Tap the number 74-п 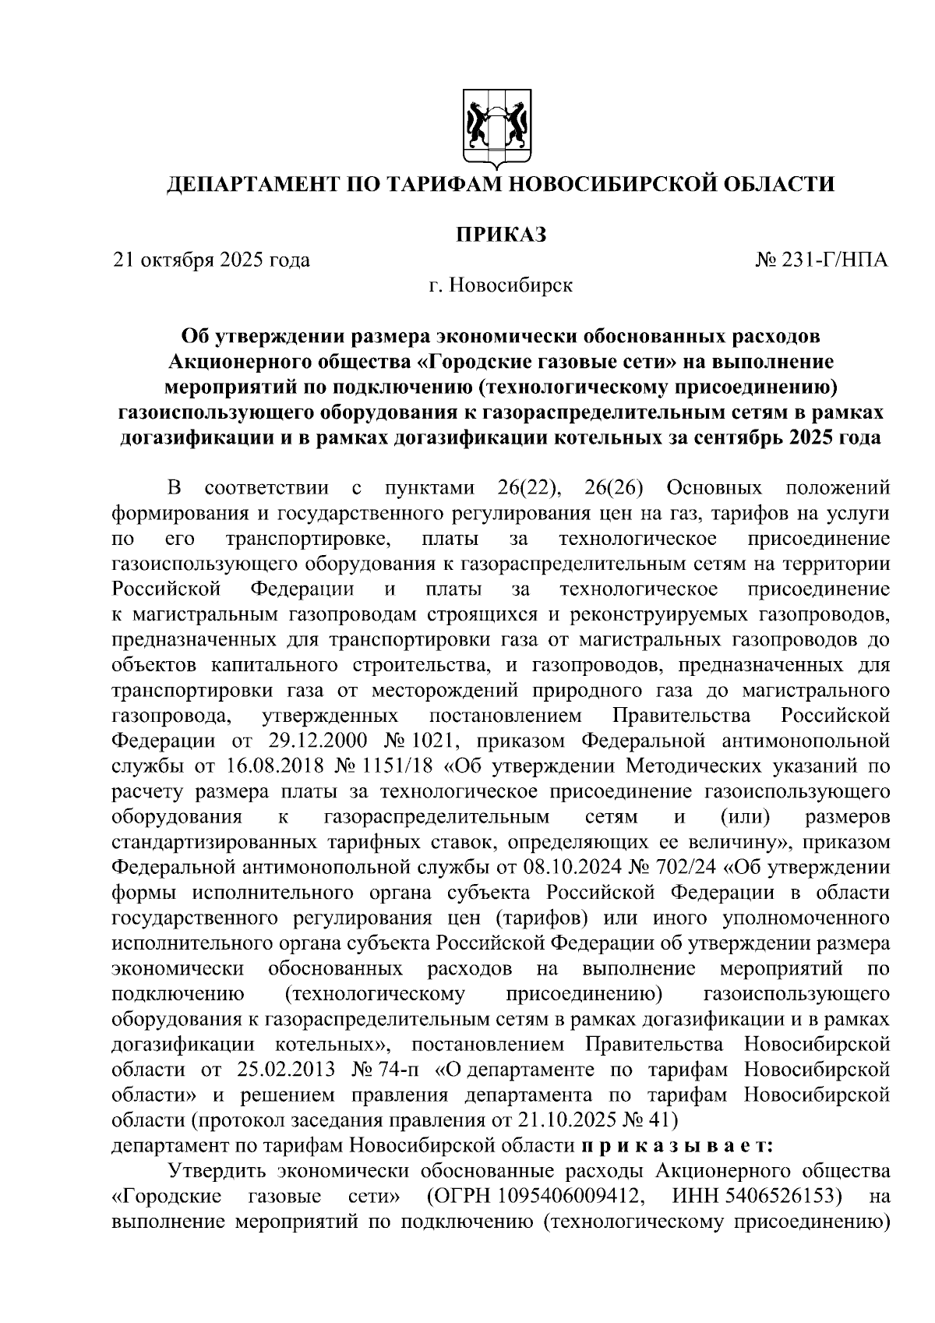402,1069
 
